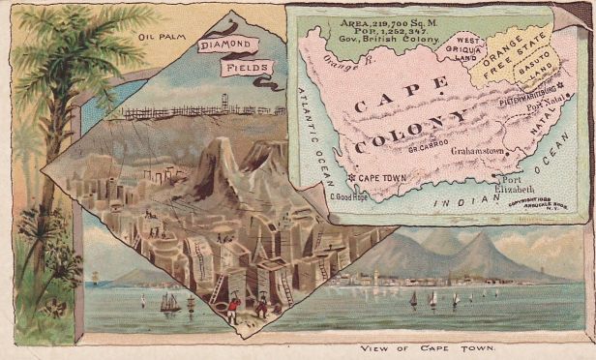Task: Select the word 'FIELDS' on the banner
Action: [x=247, y=68]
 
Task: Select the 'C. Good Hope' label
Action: [x=351, y=196]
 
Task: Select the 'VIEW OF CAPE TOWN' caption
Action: [x=426, y=347]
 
